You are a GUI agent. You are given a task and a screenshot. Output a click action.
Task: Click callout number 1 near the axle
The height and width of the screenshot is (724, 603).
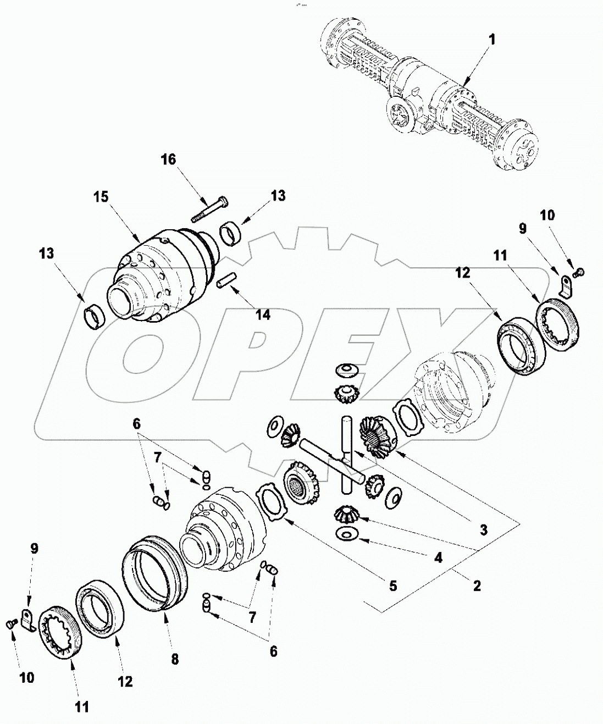pyautogui.click(x=492, y=40)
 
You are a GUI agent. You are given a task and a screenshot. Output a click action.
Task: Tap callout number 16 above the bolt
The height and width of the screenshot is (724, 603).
pyautogui.click(x=169, y=159)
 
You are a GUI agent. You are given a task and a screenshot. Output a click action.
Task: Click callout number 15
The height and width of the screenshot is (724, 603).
pyautogui.click(x=102, y=197)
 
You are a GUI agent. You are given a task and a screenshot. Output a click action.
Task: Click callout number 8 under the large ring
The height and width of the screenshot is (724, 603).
pyautogui.click(x=174, y=660)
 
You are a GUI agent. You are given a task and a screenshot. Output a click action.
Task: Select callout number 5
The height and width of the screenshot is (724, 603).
pyautogui.click(x=392, y=585)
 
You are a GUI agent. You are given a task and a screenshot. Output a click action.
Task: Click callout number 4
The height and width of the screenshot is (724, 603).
pyautogui.click(x=438, y=557)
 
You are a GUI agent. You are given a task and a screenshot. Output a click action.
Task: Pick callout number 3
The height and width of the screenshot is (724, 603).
pyautogui.click(x=483, y=530)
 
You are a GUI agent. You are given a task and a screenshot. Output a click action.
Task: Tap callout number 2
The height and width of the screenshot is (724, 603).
pyautogui.click(x=477, y=586)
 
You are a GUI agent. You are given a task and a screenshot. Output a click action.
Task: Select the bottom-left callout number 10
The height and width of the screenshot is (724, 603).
pyautogui.click(x=26, y=677)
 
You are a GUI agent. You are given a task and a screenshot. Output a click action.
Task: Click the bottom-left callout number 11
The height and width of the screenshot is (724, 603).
pyautogui.click(x=81, y=707)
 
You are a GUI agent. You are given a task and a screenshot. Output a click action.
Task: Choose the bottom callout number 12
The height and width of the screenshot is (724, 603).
pyautogui.click(x=125, y=682)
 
